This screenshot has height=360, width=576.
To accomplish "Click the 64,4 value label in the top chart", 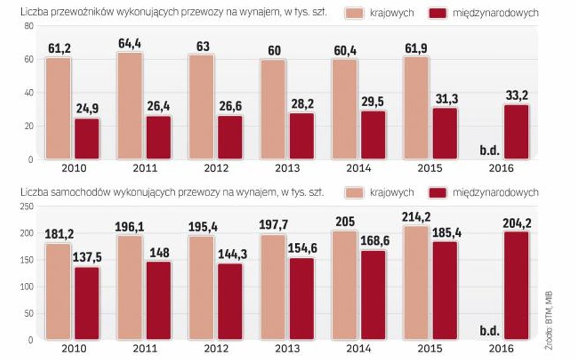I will point(129,44).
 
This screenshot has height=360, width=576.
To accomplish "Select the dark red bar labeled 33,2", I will point(516,132).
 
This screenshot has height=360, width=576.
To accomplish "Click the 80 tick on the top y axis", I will point(27,26).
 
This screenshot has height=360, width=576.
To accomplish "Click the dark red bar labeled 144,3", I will point(230,301).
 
